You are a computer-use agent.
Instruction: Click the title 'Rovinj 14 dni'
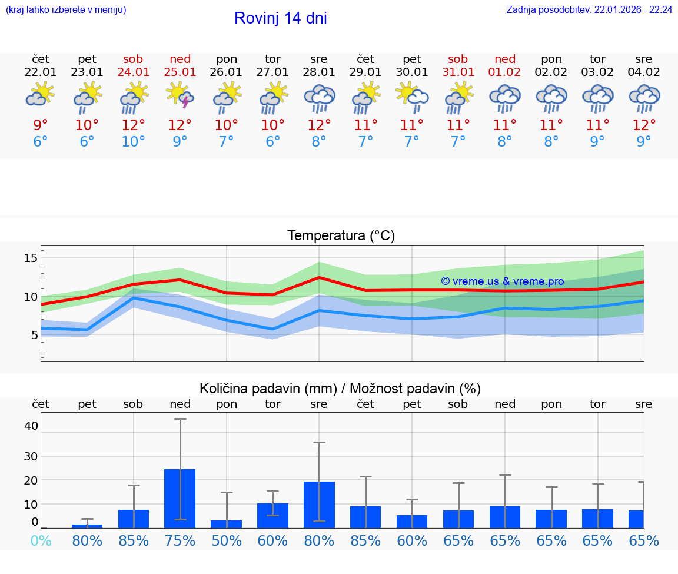coord(280,18)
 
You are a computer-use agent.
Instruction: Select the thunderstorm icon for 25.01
coord(180,96)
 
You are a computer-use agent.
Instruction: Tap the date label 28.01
coord(319,72)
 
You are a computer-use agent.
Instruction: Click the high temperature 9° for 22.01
coord(41,125)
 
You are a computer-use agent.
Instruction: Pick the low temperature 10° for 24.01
coord(134,142)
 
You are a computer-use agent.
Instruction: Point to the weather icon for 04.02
coord(644,98)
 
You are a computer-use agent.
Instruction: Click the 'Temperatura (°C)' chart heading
coord(341,236)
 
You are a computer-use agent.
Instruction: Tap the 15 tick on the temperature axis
coord(31,258)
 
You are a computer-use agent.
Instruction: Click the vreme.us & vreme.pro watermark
coord(503,281)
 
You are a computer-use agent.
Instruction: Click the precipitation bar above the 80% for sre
coord(319,505)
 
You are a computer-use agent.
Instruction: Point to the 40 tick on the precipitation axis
coord(31,425)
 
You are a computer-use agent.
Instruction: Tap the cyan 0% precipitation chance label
coord(41,540)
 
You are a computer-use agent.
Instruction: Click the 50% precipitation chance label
coord(227,540)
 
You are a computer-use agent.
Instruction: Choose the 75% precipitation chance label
coord(180,540)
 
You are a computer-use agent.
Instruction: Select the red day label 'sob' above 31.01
coord(458,59)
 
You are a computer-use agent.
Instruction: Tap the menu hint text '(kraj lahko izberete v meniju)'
coord(66,9)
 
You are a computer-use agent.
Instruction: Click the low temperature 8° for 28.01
coord(319,142)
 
